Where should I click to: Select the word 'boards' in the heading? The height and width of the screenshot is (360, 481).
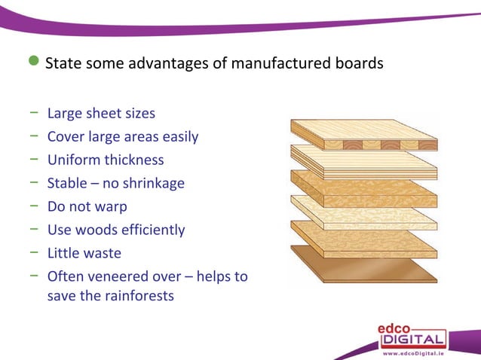(359, 63)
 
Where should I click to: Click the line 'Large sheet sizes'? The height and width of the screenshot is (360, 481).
(101, 114)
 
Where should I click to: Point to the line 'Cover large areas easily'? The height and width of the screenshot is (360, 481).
(123, 137)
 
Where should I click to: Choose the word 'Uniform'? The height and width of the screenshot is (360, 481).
(72, 160)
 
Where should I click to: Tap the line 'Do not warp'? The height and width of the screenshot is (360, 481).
(87, 206)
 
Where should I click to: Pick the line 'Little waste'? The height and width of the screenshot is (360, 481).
(84, 253)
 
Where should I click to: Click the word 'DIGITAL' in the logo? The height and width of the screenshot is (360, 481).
(412, 340)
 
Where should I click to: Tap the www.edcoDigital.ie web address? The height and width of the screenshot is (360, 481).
(413, 352)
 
